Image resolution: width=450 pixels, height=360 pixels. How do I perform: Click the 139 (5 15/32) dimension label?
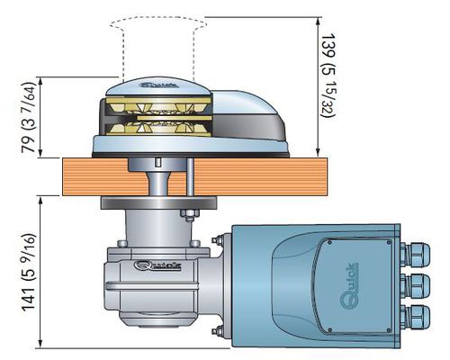[328, 76]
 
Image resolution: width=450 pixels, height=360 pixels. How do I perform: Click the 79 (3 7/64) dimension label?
[29, 117]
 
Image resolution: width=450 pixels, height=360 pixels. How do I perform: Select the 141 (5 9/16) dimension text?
[29, 272]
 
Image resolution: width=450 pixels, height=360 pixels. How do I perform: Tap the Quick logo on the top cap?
[159, 85]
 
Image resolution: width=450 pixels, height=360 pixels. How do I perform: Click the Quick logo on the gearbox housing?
[157, 265]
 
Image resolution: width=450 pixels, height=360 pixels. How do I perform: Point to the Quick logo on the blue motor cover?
[349, 285]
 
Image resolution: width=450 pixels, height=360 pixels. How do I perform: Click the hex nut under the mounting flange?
[190, 213]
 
